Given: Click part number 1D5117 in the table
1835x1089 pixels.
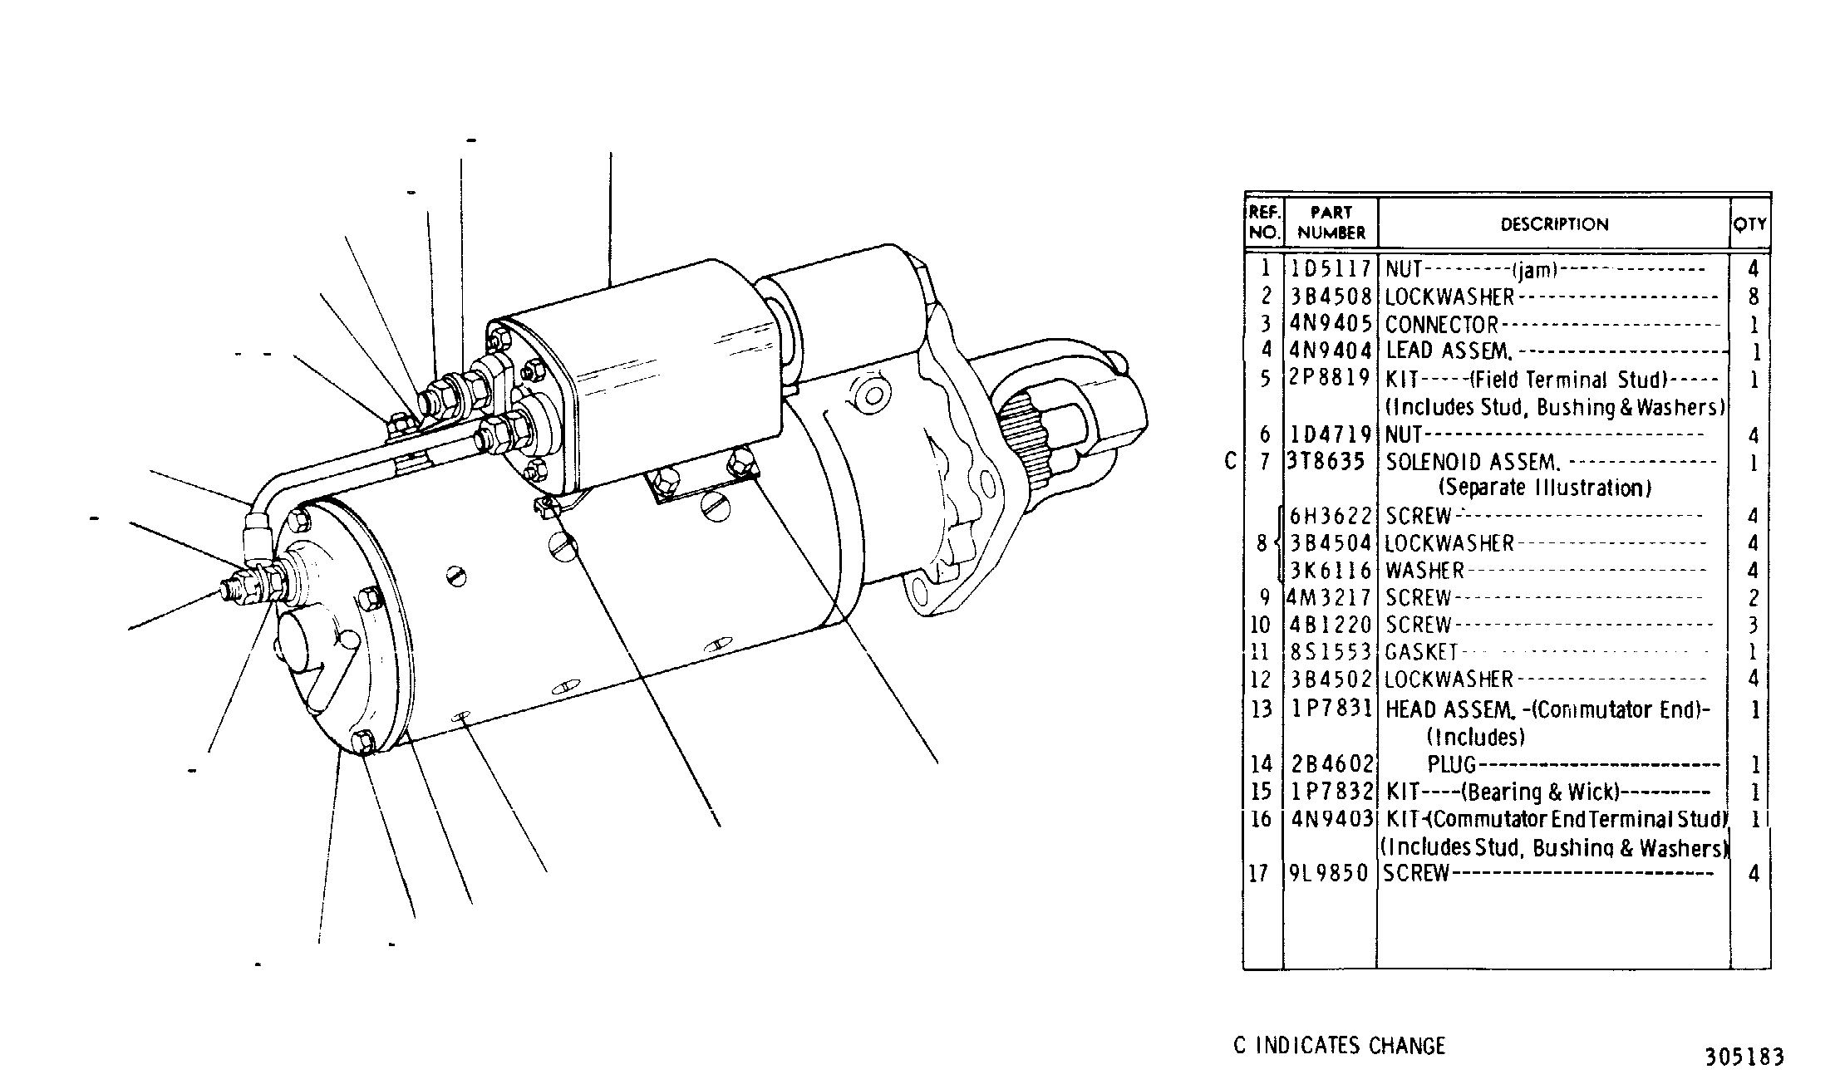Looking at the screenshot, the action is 1331,269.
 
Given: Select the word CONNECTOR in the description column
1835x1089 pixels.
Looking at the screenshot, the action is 1441,325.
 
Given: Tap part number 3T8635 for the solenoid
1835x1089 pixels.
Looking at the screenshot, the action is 1326,461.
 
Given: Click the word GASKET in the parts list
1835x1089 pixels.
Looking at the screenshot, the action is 1421,652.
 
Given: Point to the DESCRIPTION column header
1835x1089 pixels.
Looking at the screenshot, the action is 1554,224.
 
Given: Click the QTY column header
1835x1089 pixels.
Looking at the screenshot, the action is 1750,224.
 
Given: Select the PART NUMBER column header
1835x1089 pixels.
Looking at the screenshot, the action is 1331,223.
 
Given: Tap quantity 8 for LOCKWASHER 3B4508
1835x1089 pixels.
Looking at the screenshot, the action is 1754,297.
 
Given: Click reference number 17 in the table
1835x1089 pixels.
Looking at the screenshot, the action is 1259,873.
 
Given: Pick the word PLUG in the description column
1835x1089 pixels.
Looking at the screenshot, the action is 1451,764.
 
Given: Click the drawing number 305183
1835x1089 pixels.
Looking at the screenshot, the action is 1744,1057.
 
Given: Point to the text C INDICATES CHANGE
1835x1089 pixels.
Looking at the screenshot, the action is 1340,1046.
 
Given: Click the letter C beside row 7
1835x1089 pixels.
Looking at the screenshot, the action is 1231,461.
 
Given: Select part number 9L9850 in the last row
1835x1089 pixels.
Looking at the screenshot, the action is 1329,873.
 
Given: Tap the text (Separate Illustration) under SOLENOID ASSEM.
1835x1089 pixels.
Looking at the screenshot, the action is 1545,488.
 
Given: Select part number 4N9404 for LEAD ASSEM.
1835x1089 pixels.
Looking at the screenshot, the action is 1331,351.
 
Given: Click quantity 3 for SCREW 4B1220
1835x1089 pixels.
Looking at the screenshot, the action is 1754,625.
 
